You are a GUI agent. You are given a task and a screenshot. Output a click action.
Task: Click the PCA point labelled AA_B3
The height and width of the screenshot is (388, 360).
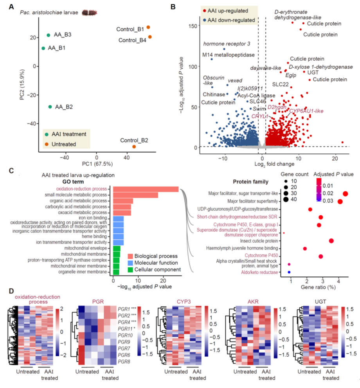pyautogui.click(x=48, y=35)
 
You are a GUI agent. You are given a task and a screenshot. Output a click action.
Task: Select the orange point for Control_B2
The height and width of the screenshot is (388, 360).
pyautogui.click(x=134, y=146)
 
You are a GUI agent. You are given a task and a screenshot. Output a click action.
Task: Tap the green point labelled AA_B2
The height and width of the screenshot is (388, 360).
pyautogui.click(x=50, y=106)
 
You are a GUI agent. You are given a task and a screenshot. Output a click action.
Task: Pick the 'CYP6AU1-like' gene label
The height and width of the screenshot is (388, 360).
pyautogui.click(x=306, y=111)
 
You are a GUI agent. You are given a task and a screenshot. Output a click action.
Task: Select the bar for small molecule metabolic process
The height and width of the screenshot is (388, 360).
pyautogui.click(x=135, y=195)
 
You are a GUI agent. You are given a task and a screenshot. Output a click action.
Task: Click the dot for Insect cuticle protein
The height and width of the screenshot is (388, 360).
pyautogui.click(x=331, y=241)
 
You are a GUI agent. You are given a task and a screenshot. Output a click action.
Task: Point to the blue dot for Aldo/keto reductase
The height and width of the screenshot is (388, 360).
pyautogui.click(x=289, y=272)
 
